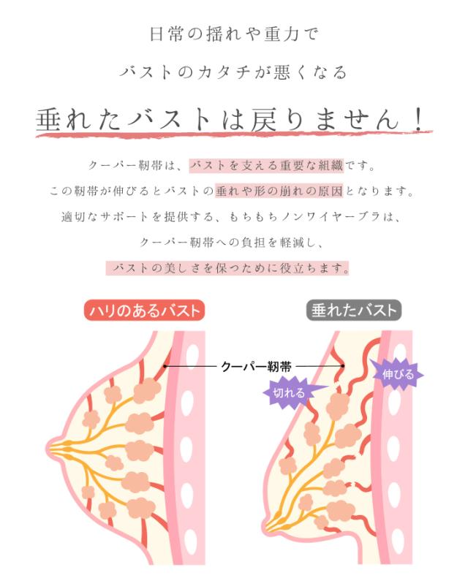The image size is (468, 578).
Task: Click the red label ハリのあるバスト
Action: click(x=143, y=311)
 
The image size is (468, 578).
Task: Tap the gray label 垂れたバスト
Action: click(x=353, y=311)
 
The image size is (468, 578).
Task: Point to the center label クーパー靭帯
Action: click(x=256, y=367)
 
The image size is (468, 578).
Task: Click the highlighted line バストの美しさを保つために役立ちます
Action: click(x=227, y=267)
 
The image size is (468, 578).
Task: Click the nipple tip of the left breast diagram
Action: click(x=55, y=444)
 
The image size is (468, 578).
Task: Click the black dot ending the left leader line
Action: click(x=166, y=367)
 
